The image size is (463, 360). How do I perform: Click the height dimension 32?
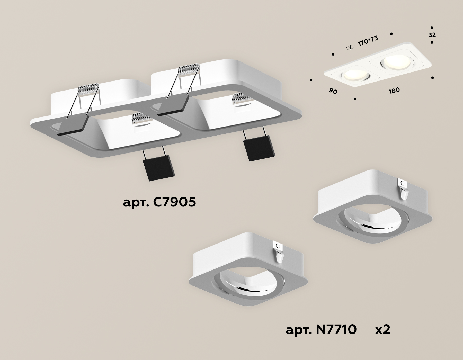click(432, 35)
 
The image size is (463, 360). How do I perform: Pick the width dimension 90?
click(333, 91)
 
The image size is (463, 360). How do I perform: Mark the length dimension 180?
click(394, 91)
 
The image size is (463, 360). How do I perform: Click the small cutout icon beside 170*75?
click(350, 47)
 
